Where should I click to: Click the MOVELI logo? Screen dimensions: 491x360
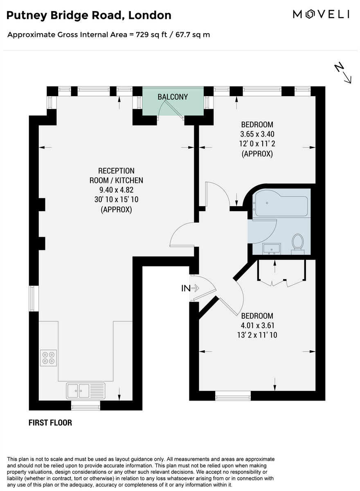pos(321,15)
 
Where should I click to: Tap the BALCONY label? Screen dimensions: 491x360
pos(173,97)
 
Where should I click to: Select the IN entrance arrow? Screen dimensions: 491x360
pos(190,288)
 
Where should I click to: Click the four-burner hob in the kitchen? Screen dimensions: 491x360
pos(48,358)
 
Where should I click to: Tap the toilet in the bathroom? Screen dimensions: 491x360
pos(297,243)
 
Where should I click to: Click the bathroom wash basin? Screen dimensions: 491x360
pos(271,248)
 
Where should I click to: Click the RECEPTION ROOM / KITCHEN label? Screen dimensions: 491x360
pos(116,176)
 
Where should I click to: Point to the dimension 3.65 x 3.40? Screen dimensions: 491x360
pos(257,134)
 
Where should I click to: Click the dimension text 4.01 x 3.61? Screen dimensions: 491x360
pos(257,326)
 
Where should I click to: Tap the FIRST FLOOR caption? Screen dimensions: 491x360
pos(50,423)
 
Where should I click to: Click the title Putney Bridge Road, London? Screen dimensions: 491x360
pos(89,16)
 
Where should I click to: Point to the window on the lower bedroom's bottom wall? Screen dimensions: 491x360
pos(233,395)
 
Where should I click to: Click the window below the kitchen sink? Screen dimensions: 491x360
pos(85,405)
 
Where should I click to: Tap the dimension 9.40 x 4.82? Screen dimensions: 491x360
pos(116,190)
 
